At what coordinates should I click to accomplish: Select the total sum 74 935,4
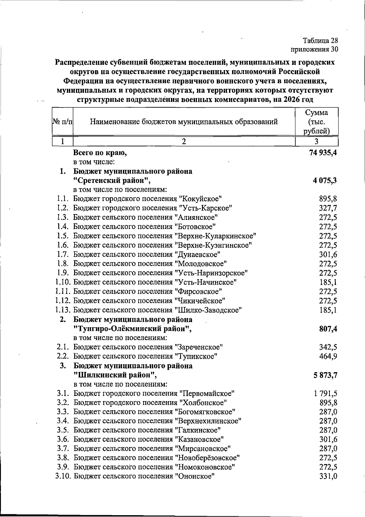tap(323, 153)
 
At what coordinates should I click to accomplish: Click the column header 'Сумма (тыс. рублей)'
tap(317, 122)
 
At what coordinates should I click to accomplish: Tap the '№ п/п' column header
tap(63, 122)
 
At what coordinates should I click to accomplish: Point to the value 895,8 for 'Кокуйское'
tap(328, 199)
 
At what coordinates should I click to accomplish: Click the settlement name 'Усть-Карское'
tap(206, 208)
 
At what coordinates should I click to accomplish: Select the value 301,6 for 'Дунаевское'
tap(328, 255)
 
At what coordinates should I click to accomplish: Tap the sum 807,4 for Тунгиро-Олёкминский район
tap(328, 329)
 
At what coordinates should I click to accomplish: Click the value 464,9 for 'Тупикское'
tap(328, 356)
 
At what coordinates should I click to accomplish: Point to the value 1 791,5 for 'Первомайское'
tap(325, 394)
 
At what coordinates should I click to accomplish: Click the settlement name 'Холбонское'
tap(203, 403)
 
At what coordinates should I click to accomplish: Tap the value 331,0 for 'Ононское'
tap(328, 476)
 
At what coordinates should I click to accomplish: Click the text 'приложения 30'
tap(315, 49)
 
